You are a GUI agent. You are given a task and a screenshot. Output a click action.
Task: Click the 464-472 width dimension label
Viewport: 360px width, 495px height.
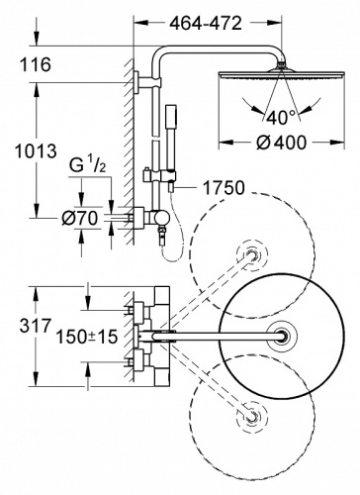tap(206, 24)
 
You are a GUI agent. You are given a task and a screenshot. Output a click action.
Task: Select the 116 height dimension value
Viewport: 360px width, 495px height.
tap(36, 64)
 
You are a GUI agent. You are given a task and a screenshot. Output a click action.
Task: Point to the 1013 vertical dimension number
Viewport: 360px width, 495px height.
tap(36, 151)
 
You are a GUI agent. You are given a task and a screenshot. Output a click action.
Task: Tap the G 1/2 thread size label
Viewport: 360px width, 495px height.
tap(88, 165)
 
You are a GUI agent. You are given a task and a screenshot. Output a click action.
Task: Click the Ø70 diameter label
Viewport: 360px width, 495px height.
tap(80, 218)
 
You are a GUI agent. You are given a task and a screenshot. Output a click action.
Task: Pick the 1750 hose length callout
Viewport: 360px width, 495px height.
tap(224, 188)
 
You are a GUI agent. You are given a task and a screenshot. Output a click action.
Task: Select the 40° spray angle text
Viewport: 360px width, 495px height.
tap(282, 118)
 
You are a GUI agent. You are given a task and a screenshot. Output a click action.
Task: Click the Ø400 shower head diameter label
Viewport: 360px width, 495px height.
tap(282, 143)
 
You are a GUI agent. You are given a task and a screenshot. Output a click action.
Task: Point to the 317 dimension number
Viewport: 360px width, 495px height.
tap(36, 326)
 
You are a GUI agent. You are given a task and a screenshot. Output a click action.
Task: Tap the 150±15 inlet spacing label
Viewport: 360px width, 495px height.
tap(87, 337)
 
